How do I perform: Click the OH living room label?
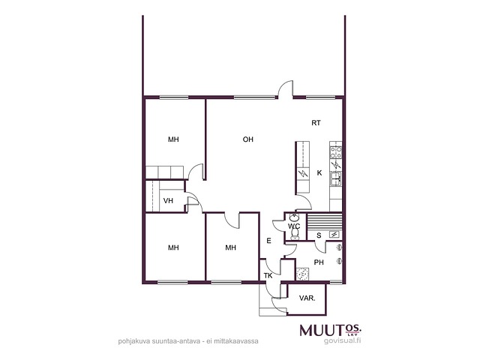click(x=248, y=139)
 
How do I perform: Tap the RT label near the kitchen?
click(x=316, y=123)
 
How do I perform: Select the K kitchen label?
click(x=319, y=173)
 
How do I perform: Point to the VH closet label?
click(x=168, y=201)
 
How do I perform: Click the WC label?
click(x=294, y=226)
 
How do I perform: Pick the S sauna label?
click(x=319, y=235)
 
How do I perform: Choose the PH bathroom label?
click(x=319, y=262)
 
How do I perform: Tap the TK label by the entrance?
click(x=268, y=276)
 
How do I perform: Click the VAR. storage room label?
click(x=307, y=298)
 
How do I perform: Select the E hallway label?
click(x=268, y=241)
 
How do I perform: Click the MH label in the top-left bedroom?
click(x=173, y=139)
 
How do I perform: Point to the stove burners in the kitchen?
click(x=336, y=152)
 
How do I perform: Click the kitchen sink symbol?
click(x=336, y=178)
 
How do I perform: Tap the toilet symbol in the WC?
click(x=295, y=234)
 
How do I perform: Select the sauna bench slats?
click(x=325, y=222)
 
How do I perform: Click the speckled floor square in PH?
click(x=302, y=274)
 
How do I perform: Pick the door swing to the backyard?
click(x=286, y=88)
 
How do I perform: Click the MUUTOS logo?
click(x=331, y=331)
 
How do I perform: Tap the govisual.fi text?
click(x=342, y=340)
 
